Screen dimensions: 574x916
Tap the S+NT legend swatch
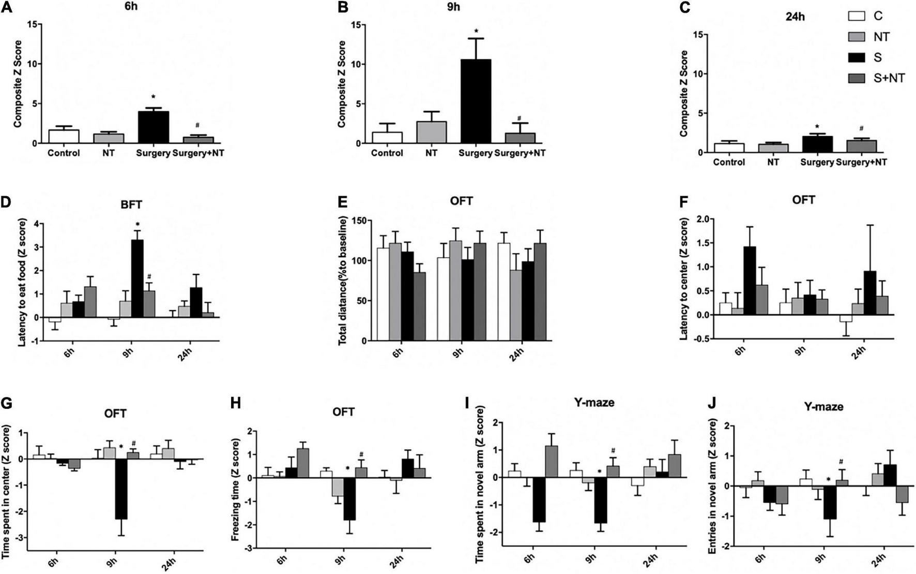click(x=857, y=78)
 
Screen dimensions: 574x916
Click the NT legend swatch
click(x=857, y=37)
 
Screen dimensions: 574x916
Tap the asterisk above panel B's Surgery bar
click(x=476, y=32)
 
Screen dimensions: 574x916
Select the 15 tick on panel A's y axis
click(x=33, y=24)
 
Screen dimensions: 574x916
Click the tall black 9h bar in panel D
click(x=138, y=278)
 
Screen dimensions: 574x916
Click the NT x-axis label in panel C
click(x=773, y=162)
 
